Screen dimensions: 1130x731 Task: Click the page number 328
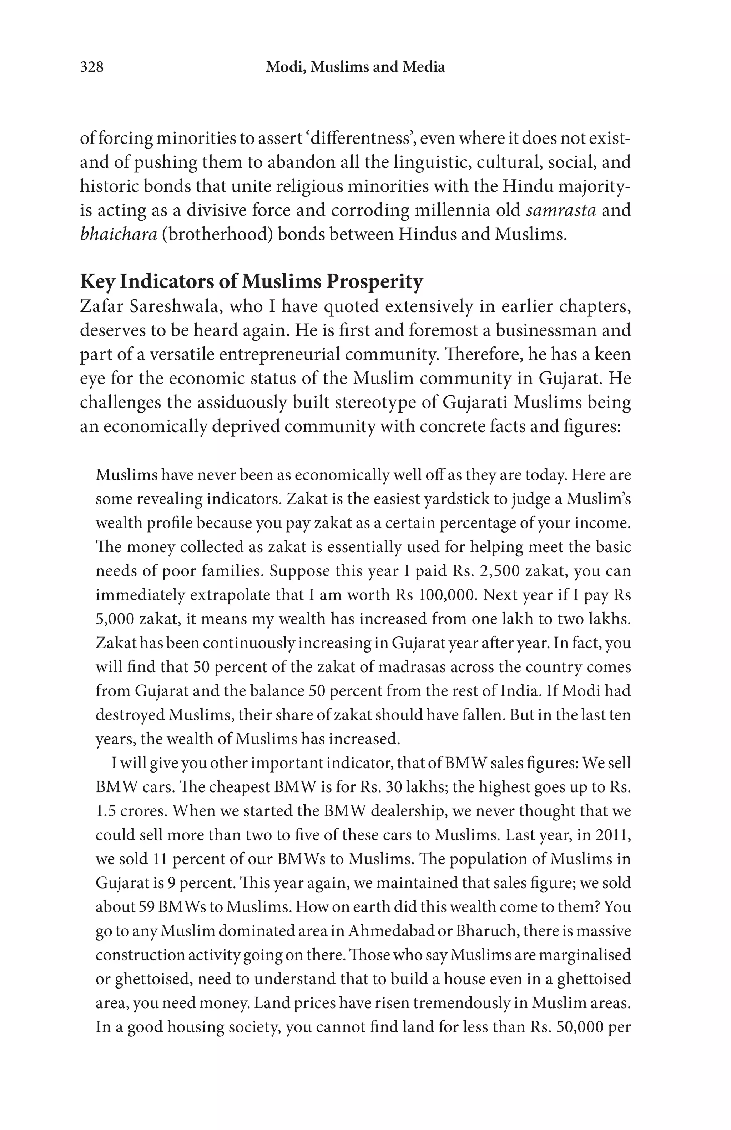[x=91, y=67]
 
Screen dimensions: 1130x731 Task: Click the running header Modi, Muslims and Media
[x=355, y=67]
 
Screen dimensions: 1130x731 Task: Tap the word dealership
[x=410, y=810]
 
